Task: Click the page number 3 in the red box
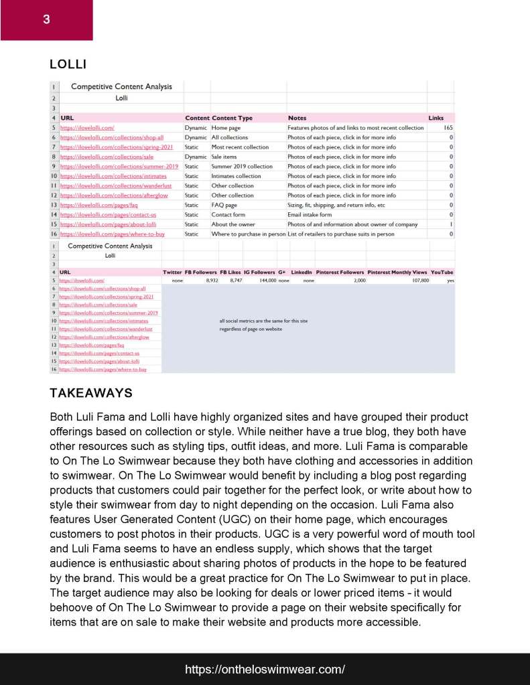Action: (x=46, y=19)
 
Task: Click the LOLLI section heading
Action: (x=68, y=64)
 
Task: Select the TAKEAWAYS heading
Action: (x=91, y=392)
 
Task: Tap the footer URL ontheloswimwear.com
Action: (x=265, y=669)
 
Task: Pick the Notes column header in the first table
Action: (x=297, y=118)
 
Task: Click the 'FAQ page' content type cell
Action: (x=224, y=205)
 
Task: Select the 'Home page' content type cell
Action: (x=226, y=127)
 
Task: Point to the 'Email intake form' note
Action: (x=310, y=215)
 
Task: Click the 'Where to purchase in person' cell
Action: (x=249, y=234)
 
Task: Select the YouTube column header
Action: (x=442, y=273)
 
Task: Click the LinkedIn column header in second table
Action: (x=302, y=273)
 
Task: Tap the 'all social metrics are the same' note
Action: (x=263, y=321)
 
